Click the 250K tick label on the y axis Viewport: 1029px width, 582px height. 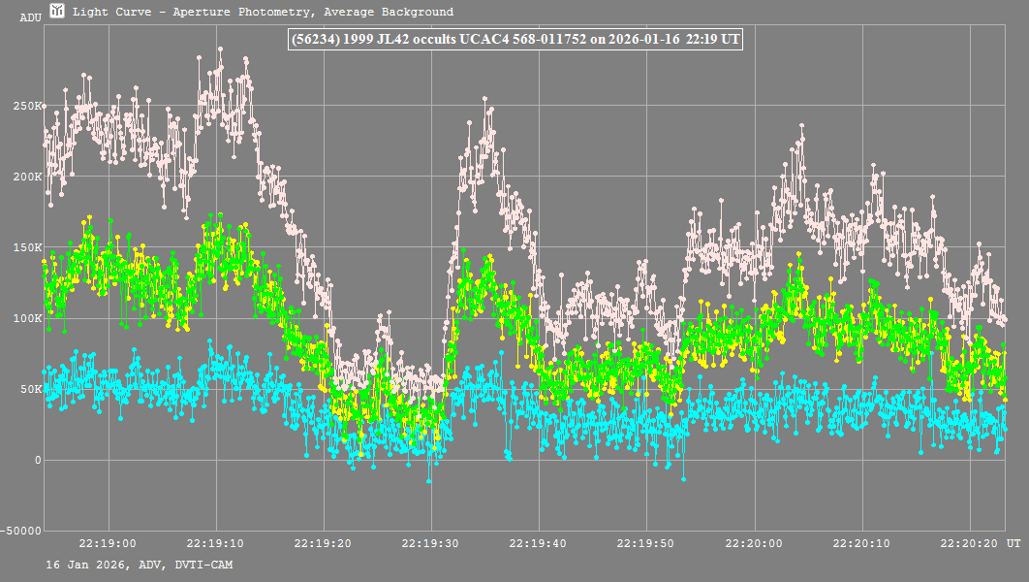(x=29, y=106)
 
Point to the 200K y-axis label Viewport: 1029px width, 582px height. (x=29, y=177)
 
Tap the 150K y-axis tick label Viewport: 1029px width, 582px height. (x=29, y=247)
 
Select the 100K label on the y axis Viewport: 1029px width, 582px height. (x=29, y=318)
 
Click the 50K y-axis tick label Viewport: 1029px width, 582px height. (x=32, y=389)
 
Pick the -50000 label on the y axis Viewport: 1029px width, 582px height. (x=22, y=531)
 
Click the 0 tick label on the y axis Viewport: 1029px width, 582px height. (x=38, y=460)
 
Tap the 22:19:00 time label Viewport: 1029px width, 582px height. (x=108, y=545)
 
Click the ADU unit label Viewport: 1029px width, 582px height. (x=30, y=17)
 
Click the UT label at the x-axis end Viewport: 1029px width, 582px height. (x=1013, y=545)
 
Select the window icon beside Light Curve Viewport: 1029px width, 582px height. (x=58, y=12)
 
